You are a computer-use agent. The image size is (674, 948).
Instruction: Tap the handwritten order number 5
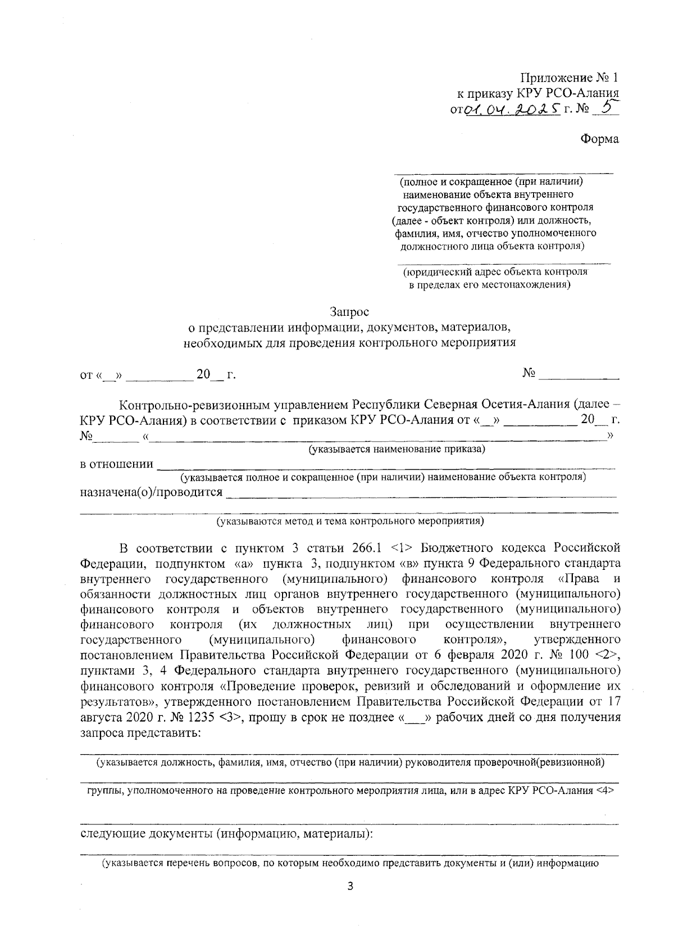click(x=605, y=107)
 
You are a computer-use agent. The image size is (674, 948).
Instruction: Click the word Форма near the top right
click(x=599, y=139)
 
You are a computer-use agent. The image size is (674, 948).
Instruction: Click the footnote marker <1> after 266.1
click(x=401, y=547)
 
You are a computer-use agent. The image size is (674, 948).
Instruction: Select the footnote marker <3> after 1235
click(x=230, y=718)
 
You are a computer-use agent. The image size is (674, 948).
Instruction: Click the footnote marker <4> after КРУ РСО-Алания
click(x=605, y=790)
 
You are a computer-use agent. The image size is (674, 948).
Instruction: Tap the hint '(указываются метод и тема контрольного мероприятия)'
click(x=350, y=521)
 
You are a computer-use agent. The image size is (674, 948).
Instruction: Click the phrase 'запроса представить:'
click(x=141, y=733)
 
